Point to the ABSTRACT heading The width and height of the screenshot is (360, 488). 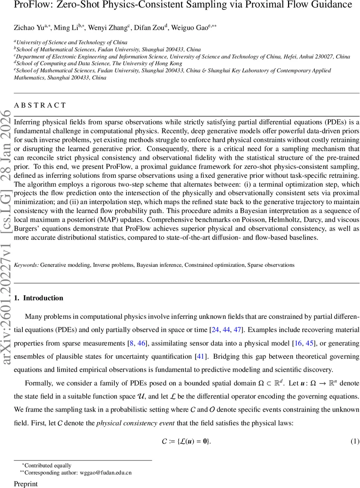40,105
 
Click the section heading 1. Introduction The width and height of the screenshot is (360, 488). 39,298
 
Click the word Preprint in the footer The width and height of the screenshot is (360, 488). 26,484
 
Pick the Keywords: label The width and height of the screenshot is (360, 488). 26,265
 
